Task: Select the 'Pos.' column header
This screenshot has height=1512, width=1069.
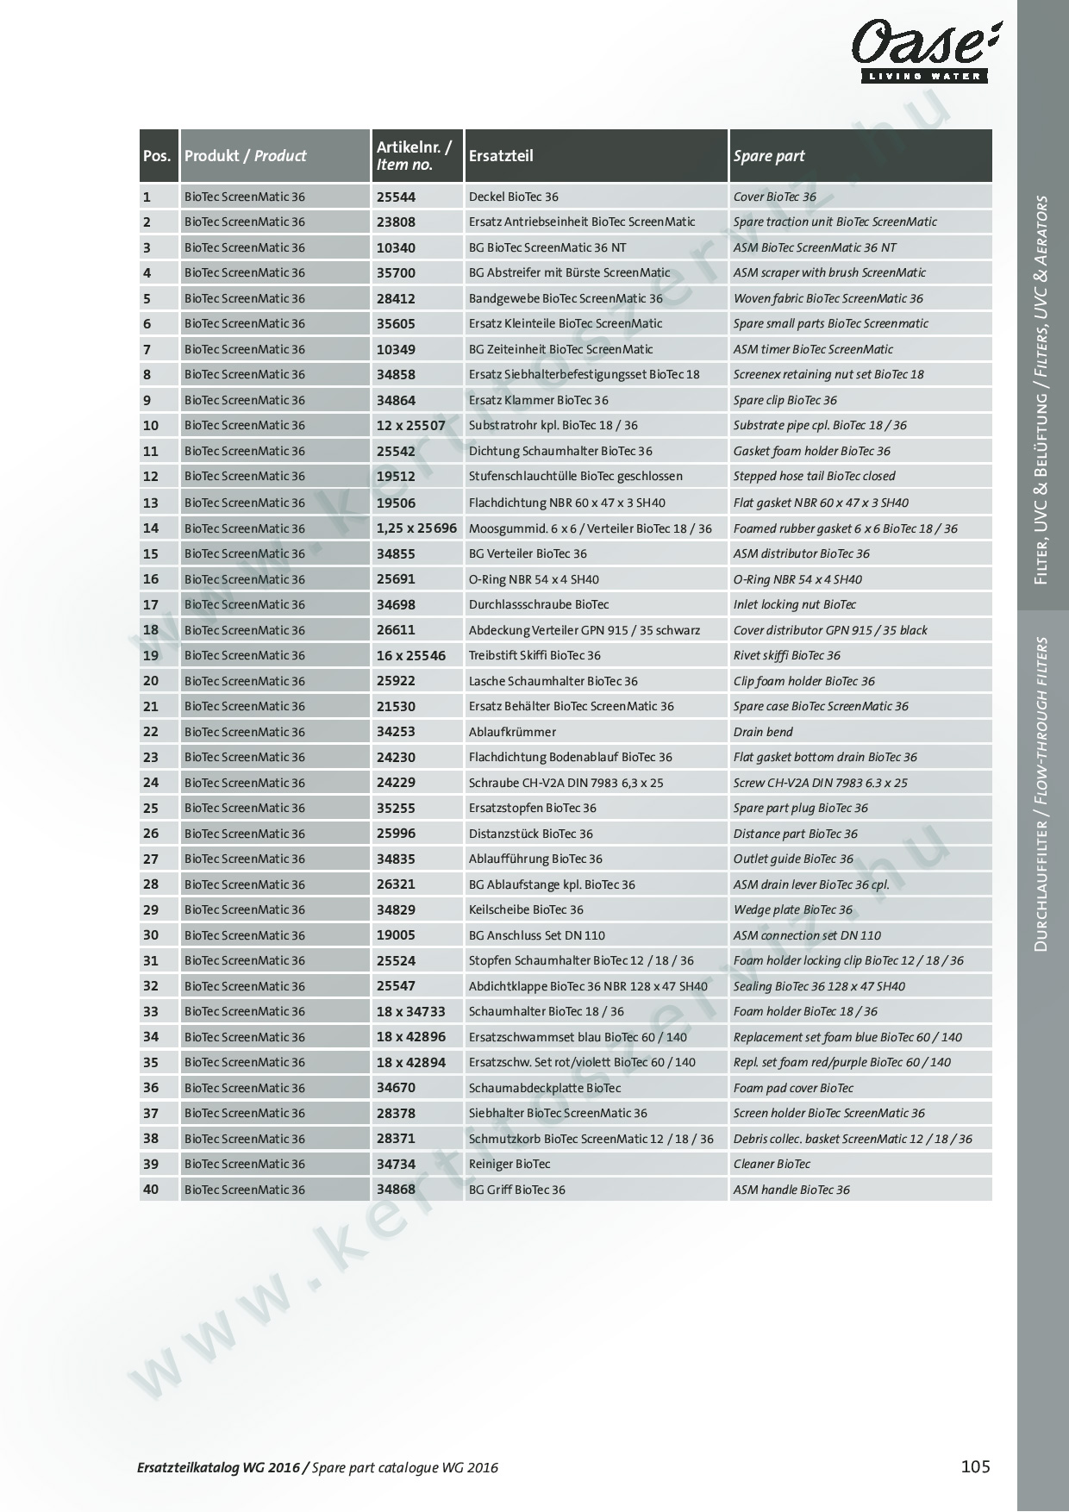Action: coord(158,156)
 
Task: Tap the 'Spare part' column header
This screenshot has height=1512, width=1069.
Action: coord(768,156)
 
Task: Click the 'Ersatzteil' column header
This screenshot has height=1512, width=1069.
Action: coord(501,156)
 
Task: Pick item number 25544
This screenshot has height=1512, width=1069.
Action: coord(396,197)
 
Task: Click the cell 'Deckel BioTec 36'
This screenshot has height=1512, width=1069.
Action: coord(513,197)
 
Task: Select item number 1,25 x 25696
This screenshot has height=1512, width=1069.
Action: coord(416,528)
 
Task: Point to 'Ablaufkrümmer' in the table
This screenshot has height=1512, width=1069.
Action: coord(512,732)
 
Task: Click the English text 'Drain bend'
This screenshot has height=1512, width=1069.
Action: coord(763,732)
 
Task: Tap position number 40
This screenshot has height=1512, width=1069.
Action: coord(151,1190)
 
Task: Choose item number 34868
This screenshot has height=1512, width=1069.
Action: coord(396,1190)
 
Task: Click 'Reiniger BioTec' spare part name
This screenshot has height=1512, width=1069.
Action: coord(509,1164)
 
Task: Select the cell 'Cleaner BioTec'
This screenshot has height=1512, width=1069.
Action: coord(772,1164)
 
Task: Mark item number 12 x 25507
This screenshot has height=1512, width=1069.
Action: coord(410,425)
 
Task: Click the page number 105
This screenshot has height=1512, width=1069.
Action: coord(975,1465)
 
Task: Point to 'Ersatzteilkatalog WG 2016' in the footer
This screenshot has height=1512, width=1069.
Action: coord(219,1467)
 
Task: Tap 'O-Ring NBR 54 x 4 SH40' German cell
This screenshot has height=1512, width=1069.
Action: coord(534,579)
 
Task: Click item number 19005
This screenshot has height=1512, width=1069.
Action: coord(396,935)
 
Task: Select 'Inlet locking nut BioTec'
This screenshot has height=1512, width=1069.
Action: coord(794,604)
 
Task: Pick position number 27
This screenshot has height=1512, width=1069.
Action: coord(151,859)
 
